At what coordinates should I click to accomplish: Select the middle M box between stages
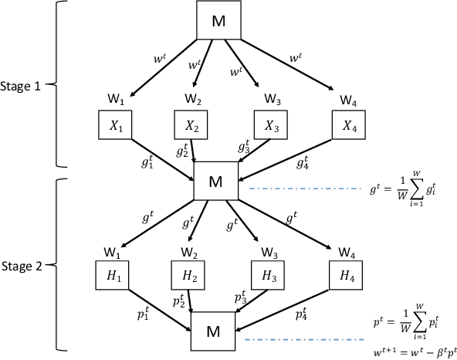coord(215,182)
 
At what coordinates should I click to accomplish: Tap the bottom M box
coord(215,331)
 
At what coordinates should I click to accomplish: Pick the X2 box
coord(191,125)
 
